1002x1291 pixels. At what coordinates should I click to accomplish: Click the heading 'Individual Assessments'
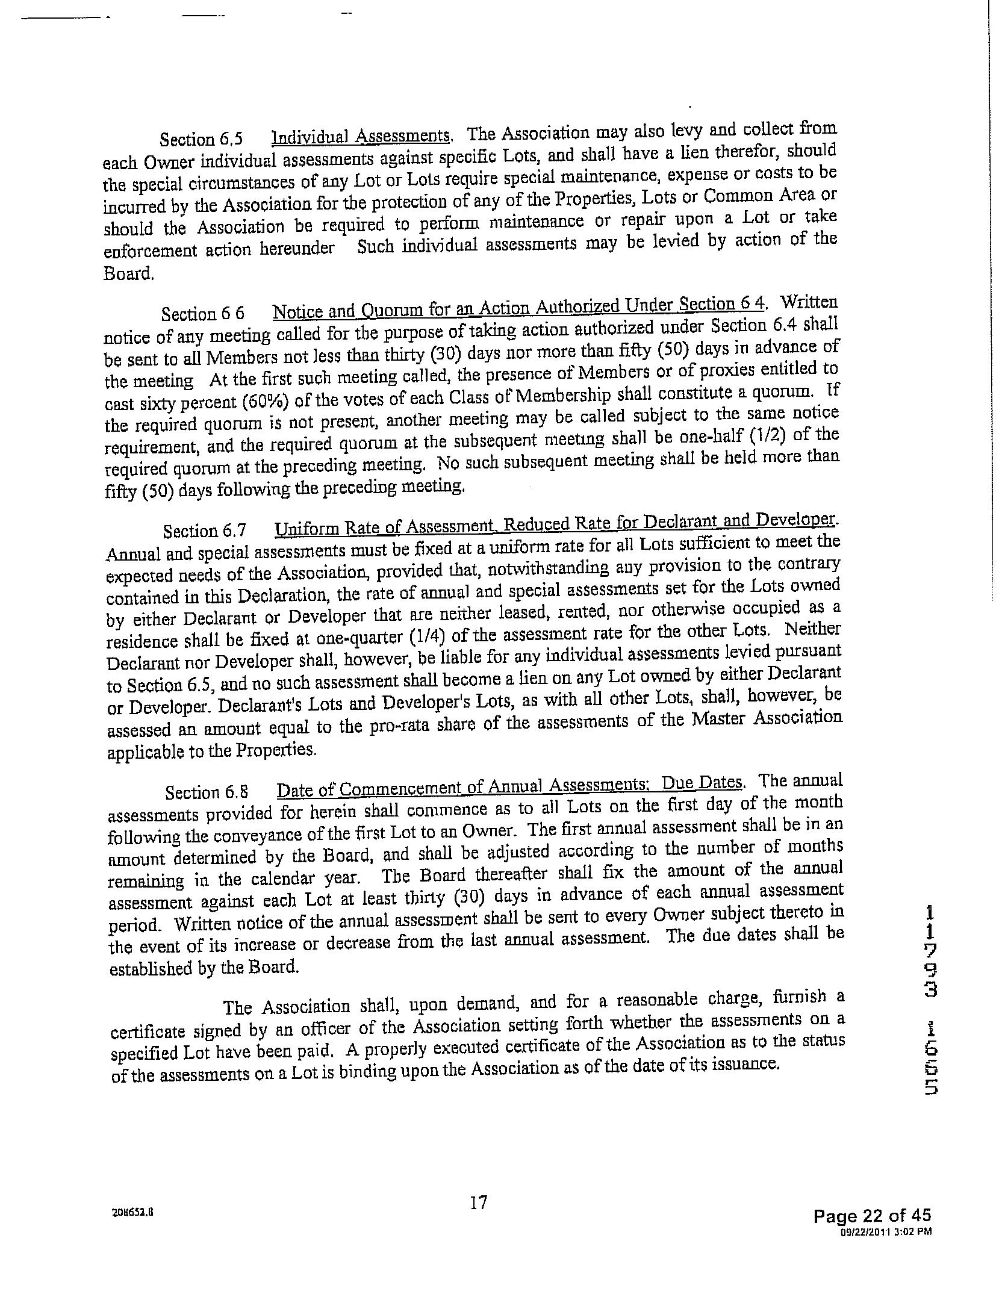pos(361,136)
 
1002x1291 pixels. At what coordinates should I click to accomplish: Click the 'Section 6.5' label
pos(201,140)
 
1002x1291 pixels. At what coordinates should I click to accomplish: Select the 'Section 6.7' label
pos(204,530)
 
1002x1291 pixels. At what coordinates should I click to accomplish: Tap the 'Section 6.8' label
pos(207,792)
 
